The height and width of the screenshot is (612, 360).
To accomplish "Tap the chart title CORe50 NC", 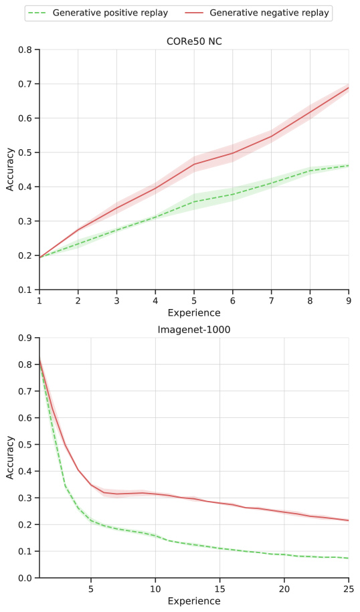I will pyautogui.click(x=194, y=41).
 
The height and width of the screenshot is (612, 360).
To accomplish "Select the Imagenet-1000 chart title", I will pyautogui.click(x=194, y=330).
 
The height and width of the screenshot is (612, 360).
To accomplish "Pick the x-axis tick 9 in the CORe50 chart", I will pyautogui.click(x=349, y=302).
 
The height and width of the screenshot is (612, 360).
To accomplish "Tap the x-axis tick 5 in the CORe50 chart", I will pyautogui.click(x=194, y=302).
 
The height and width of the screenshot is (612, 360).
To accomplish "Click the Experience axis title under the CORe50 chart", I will pyautogui.click(x=194, y=313).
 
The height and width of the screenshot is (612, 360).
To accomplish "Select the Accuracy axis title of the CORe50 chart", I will pyautogui.click(x=10, y=170).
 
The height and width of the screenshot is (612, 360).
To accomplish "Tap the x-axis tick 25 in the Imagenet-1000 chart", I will pyautogui.click(x=349, y=590).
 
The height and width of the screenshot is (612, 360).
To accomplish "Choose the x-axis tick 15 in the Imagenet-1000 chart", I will pyautogui.click(x=219, y=590).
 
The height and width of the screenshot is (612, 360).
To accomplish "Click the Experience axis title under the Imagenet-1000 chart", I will pyautogui.click(x=194, y=601).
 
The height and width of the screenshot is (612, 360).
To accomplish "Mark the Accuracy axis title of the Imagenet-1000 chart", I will pyautogui.click(x=10, y=458).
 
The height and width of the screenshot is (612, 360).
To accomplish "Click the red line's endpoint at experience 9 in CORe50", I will pyautogui.click(x=349, y=88).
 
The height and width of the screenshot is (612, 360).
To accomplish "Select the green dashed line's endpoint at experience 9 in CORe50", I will pyautogui.click(x=349, y=165).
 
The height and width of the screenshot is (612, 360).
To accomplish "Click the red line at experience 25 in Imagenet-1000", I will pyautogui.click(x=349, y=520).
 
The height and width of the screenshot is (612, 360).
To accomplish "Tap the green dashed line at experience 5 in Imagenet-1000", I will pyautogui.click(x=91, y=520).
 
